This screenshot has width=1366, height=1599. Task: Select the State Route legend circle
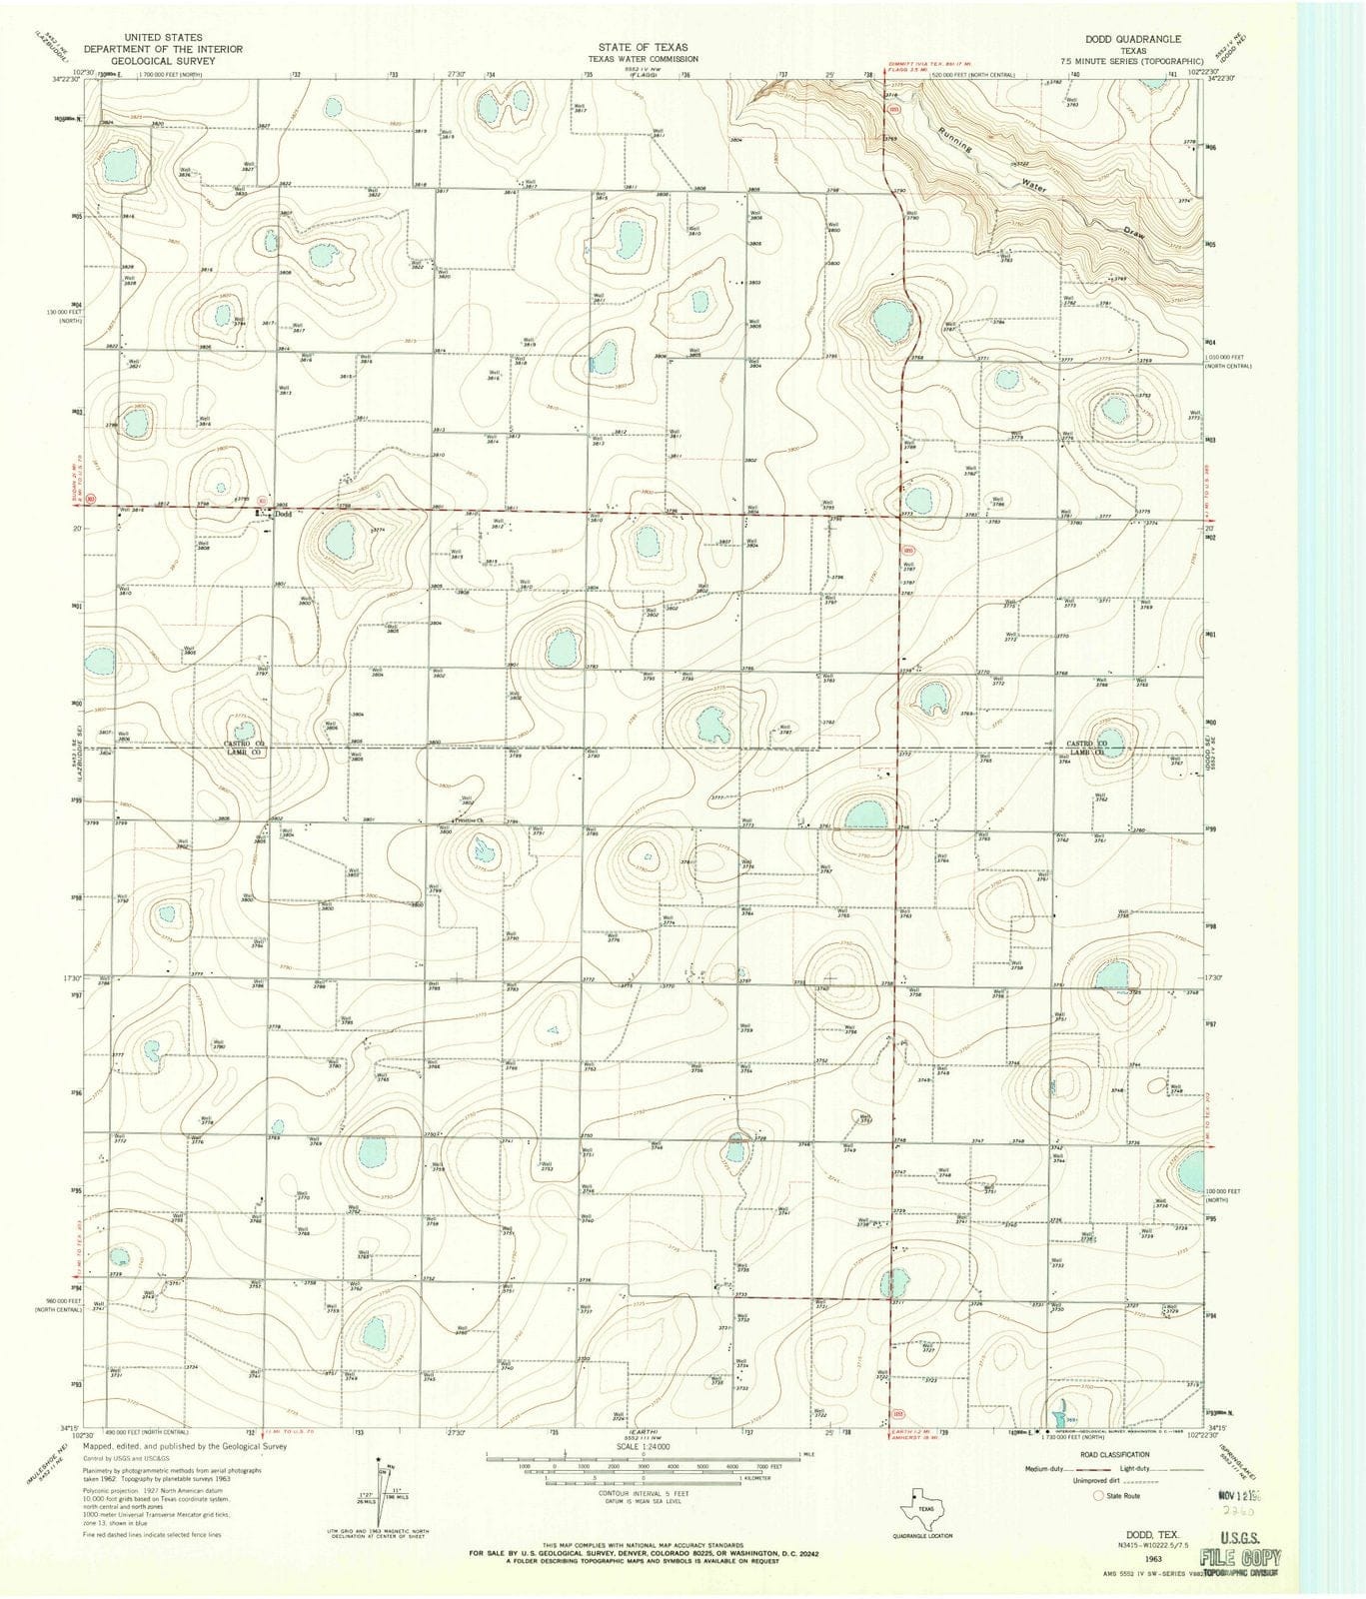pos(1098,1496)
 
